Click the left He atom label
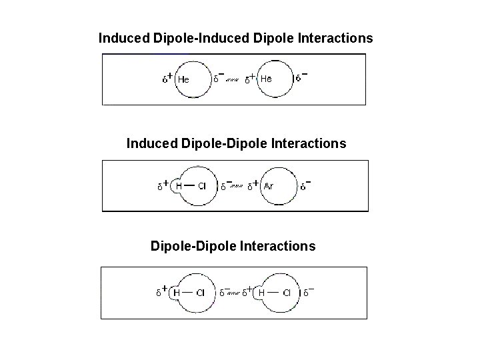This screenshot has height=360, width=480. pyautogui.click(x=183, y=79)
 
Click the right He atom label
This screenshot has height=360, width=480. pyautogui.click(x=266, y=79)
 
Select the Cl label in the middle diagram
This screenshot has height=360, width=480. pyautogui.click(x=202, y=186)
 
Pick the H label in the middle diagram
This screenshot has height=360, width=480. pyautogui.click(x=179, y=186)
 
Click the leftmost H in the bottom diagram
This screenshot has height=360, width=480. pyautogui.click(x=177, y=293)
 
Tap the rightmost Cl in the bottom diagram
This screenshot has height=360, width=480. pyautogui.click(x=287, y=293)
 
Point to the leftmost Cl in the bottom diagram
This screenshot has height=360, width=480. pyautogui.click(x=202, y=293)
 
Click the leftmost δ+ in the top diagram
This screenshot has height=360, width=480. pyautogui.click(x=167, y=79)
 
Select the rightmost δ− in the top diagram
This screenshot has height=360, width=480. pyautogui.click(x=301, y=78)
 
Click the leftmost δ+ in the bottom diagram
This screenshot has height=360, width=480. pyautogui.click(x=161, y=292)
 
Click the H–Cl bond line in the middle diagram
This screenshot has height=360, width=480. pyautogui.click(x=190, y=185)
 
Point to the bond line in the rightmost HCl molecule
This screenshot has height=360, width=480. pyautogui.click(x=274, y=292)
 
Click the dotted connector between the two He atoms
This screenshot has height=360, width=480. pyautogui.click(x=233, y=81)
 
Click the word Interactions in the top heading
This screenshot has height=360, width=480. pyautogui.click(x=336, y=38)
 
